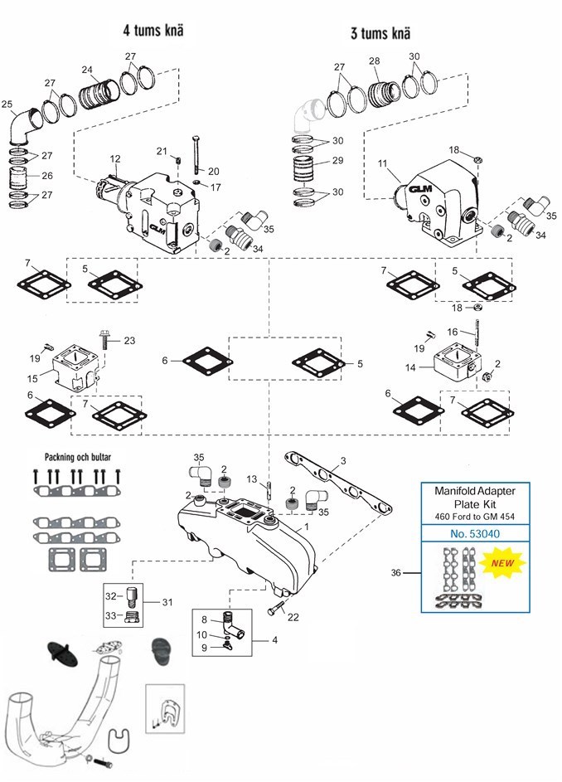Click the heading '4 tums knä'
pyautogui.click(x=153, y=32)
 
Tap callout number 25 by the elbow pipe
pyautogui.click(x=8, y=104)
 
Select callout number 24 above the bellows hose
pyautogui.click(x=87, y=70)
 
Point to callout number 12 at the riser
pyautogui.click(x=115, y=158)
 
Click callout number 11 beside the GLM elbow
pyautogui.click(x=382, y=165)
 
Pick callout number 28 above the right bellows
pyautogui.click(x=374, y=62)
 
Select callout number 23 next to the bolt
pyautogui.click(x=128, y=340)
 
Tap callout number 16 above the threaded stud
pyautogui.click(x=453, y=330)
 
